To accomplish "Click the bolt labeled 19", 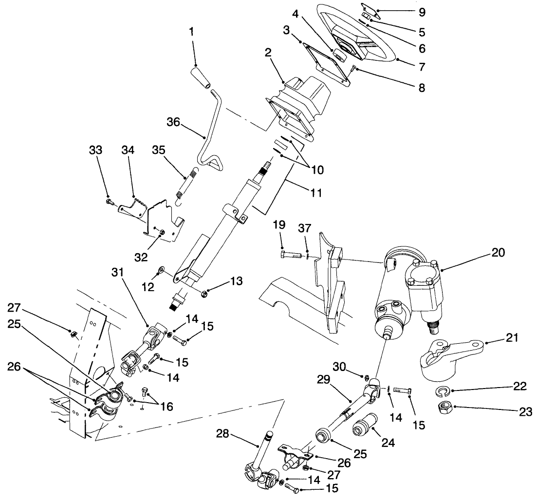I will point(292,254).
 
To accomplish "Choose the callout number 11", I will point(316,193).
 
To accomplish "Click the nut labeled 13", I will point(205,293).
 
